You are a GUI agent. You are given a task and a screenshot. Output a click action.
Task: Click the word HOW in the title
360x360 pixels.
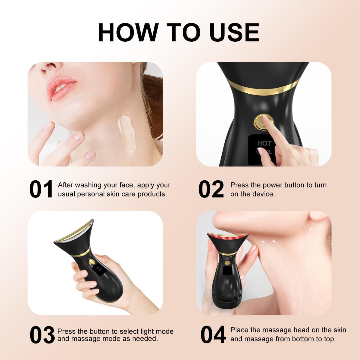pyautogui.click(x=128, y=32)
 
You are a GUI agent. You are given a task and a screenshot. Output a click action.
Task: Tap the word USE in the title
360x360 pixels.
pyautogui.click(x=234, y=32)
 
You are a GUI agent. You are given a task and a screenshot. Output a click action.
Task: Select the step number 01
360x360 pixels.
pyautogui.click(x=41, y=189)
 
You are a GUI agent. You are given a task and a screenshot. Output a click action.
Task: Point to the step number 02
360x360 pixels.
pyautogui.click(x=211, y=189)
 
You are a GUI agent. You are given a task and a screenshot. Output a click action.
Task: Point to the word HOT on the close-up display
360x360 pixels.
pyautogui.click(x=264, y=143)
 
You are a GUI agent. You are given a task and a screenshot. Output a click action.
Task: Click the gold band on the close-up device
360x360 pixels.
pyautogui.click(x=264, y=89)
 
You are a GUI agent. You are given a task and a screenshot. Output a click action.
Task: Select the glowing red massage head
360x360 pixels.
pyautogui.click(x=228, y=237)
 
